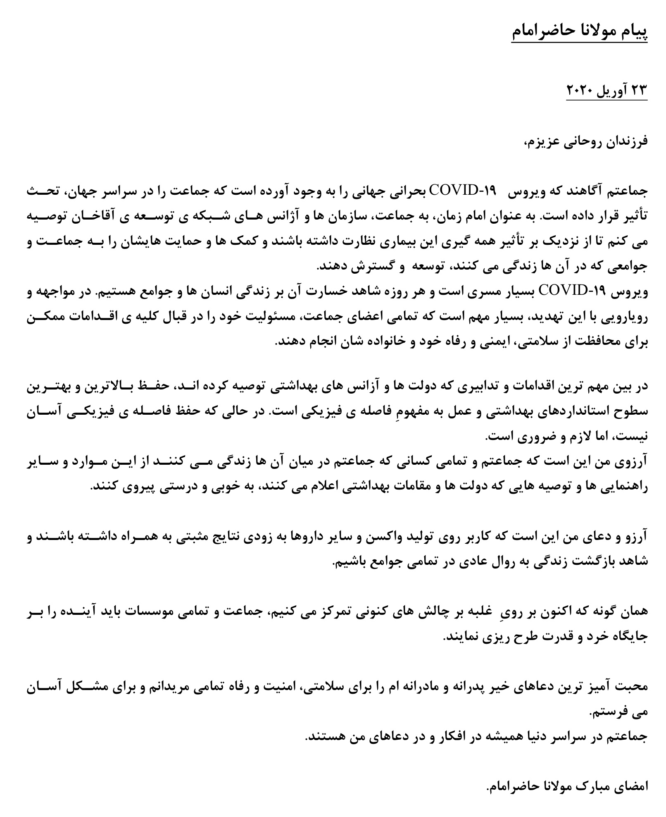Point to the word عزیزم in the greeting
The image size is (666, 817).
(x=540, y=141)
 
